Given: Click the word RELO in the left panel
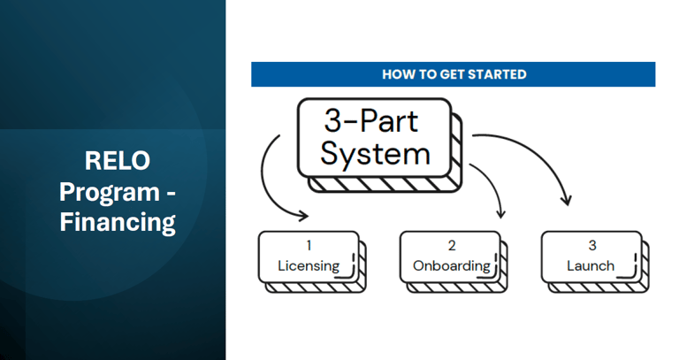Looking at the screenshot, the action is coord(118,160).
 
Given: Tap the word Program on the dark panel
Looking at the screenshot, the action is coord(110,192).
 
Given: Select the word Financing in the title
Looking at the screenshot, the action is coord(118,222).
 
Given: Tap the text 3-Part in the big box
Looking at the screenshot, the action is coord(371,120).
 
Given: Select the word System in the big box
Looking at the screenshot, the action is coord(375,155).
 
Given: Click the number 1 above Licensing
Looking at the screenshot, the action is coord(309,246).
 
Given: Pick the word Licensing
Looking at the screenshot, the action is coord(309,265).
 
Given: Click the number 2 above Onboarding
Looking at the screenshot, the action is coord(452,246).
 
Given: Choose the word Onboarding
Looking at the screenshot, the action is coord(452,265).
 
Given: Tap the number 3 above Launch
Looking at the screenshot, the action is coord(592,246).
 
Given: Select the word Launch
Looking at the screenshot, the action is coord(591,265).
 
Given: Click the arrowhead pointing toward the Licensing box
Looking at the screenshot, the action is coord(303,215).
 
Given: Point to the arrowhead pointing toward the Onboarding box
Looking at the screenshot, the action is coord(501,213).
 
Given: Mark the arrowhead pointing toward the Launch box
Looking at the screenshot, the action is coord(566,200).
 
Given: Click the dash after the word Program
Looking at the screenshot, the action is coord(171,194).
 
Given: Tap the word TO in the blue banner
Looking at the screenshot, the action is coord(426,74).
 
